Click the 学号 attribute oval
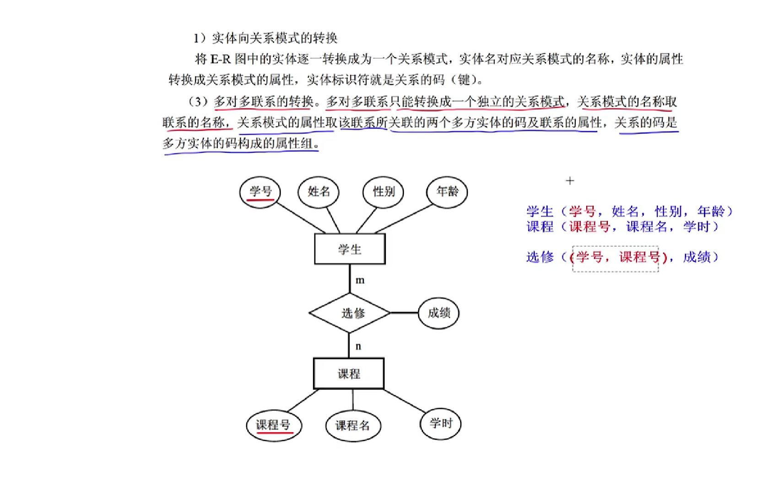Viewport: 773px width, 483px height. [260, 192]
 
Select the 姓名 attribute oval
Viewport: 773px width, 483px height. [319, 191]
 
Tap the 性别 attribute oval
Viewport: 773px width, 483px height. [384, 191]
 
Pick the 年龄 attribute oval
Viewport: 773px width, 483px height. [447, 191]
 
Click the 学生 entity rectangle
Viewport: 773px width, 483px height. [350, 249]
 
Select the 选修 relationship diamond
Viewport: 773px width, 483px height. [350, 313]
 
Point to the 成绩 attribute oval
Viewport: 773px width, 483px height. [438, 313]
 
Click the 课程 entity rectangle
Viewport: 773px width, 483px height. [349, 374]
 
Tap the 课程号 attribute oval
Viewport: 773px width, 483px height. [274, 425]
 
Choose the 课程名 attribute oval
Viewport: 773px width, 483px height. [352, 425]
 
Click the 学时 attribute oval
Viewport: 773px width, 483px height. [440, 423]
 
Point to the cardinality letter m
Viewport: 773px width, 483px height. [360, 280]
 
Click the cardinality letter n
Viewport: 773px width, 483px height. [358, 347]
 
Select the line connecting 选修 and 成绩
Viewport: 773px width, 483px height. [405, 313]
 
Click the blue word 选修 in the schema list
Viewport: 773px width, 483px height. [540, 257]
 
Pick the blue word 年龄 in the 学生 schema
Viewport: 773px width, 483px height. [711, 212]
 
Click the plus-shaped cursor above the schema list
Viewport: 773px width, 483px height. [570, 181]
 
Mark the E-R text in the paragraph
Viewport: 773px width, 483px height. [220, 59]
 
